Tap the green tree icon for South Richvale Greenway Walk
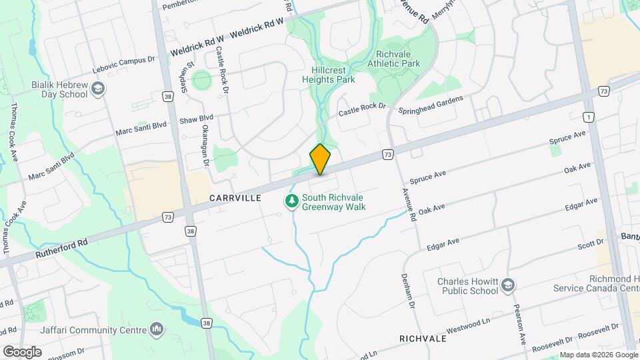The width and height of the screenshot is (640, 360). pos(291,200)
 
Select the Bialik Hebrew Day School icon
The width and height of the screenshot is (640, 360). pos(98,89)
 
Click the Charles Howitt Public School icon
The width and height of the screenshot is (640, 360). pos(508,285)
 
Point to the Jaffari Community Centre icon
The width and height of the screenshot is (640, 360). pos(157,329)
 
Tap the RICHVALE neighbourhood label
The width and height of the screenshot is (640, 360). pos(423,339)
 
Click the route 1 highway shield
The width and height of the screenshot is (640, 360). pos(588,117)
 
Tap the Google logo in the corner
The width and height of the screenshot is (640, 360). pos(22,351)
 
